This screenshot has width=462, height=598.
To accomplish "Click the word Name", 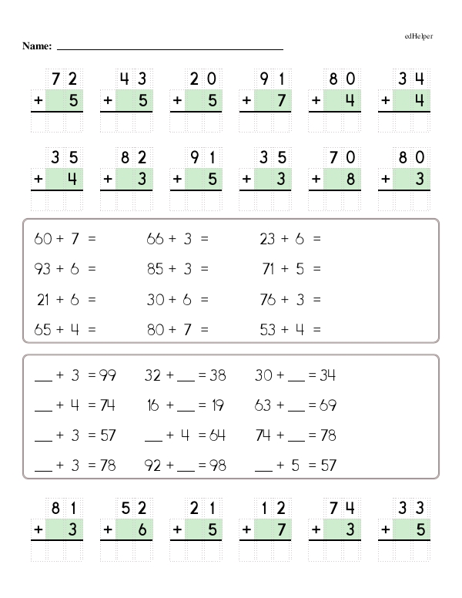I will coord(36,47).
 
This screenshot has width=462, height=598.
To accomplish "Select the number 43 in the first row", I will coord(134,78).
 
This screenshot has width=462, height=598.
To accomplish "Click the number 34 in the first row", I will coord(411,78).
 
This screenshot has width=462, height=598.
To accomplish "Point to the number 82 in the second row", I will coord(134,158).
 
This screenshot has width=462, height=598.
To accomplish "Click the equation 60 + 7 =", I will coord(65,240).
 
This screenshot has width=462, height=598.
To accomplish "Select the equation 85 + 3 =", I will coord(177,270).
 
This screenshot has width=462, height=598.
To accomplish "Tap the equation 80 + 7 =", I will coord(177,330).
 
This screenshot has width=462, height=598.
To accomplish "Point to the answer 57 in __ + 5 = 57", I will coord(329,465).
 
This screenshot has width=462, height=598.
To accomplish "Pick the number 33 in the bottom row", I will coord(411,507).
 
